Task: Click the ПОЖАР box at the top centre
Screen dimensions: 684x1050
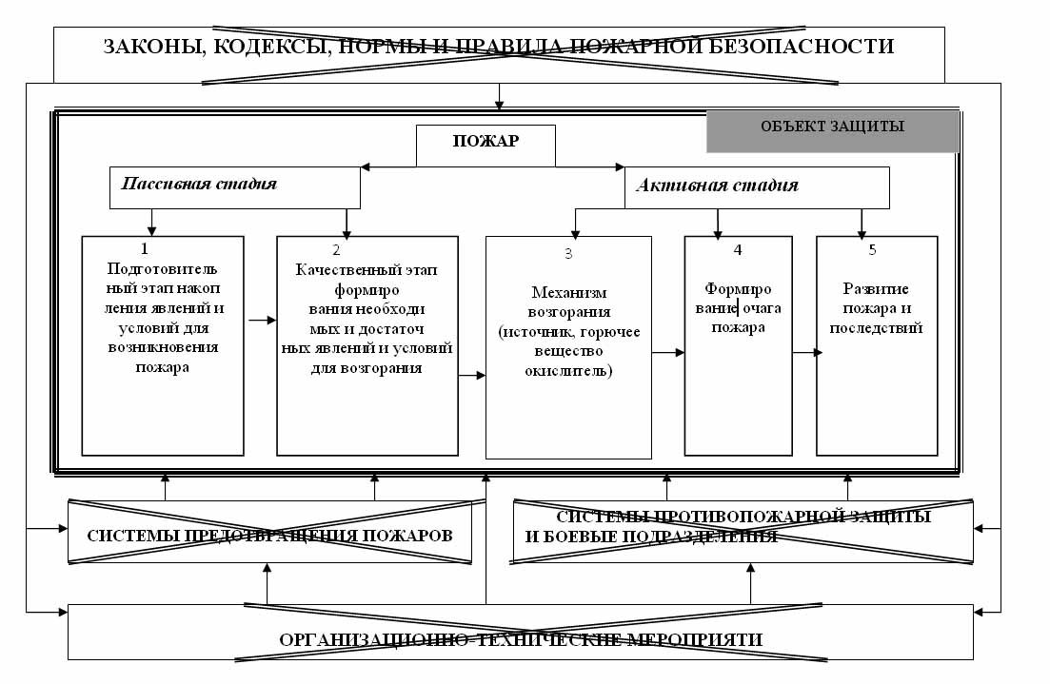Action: click(485, 143)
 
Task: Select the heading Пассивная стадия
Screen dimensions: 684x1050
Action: click(199, 184)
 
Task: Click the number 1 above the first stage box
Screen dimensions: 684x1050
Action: click(145, 248)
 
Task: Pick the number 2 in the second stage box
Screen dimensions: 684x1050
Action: click(336, 250)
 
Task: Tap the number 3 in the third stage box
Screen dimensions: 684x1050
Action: click(568, 254)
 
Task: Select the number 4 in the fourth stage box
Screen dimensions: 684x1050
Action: click(737, 250)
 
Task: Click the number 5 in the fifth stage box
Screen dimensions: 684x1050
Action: click(872, 250)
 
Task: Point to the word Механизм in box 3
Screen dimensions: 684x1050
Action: click(568, 293)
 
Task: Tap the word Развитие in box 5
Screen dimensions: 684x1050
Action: click(876, 289)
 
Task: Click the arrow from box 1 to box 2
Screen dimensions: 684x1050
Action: click(257, 321)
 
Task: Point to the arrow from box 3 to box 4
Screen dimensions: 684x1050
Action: click(668, 352)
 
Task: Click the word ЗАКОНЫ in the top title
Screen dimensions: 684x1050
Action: click(147, 46)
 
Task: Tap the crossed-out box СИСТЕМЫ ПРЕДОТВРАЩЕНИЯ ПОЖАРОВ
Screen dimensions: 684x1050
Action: click(269, 536)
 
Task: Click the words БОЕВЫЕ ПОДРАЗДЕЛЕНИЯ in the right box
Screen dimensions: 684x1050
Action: click(651, 537)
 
